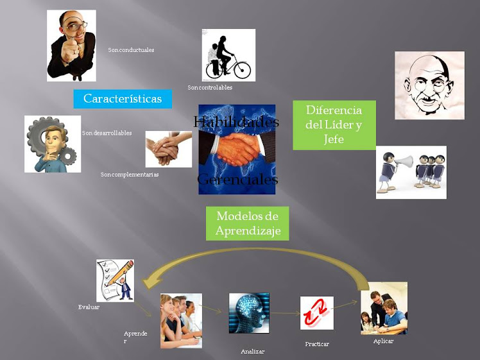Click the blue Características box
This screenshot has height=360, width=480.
point(123,99)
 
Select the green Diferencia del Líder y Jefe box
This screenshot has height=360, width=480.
point(334,124)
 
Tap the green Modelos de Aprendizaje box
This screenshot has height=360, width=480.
point(248,223)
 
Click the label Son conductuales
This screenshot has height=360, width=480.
point(131,49)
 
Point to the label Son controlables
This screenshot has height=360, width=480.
point(210,87)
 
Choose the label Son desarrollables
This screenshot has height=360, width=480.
point(107,133)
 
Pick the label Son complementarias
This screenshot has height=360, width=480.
point(130,174)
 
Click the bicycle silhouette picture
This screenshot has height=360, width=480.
point(228,55)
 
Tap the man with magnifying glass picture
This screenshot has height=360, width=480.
point(71,45)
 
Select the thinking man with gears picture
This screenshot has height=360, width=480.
point(53,144)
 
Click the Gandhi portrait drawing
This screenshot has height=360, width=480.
point(429,85)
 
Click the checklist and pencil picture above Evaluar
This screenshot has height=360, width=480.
point(115,280)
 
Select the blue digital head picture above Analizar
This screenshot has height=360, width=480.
point(249,313)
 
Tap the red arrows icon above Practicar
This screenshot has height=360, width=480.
point(316,313)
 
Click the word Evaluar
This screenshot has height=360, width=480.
point(89,307)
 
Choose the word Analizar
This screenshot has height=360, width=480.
point(252,351)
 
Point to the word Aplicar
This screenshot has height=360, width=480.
point(383,341)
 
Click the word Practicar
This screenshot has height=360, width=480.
point(317,344)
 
